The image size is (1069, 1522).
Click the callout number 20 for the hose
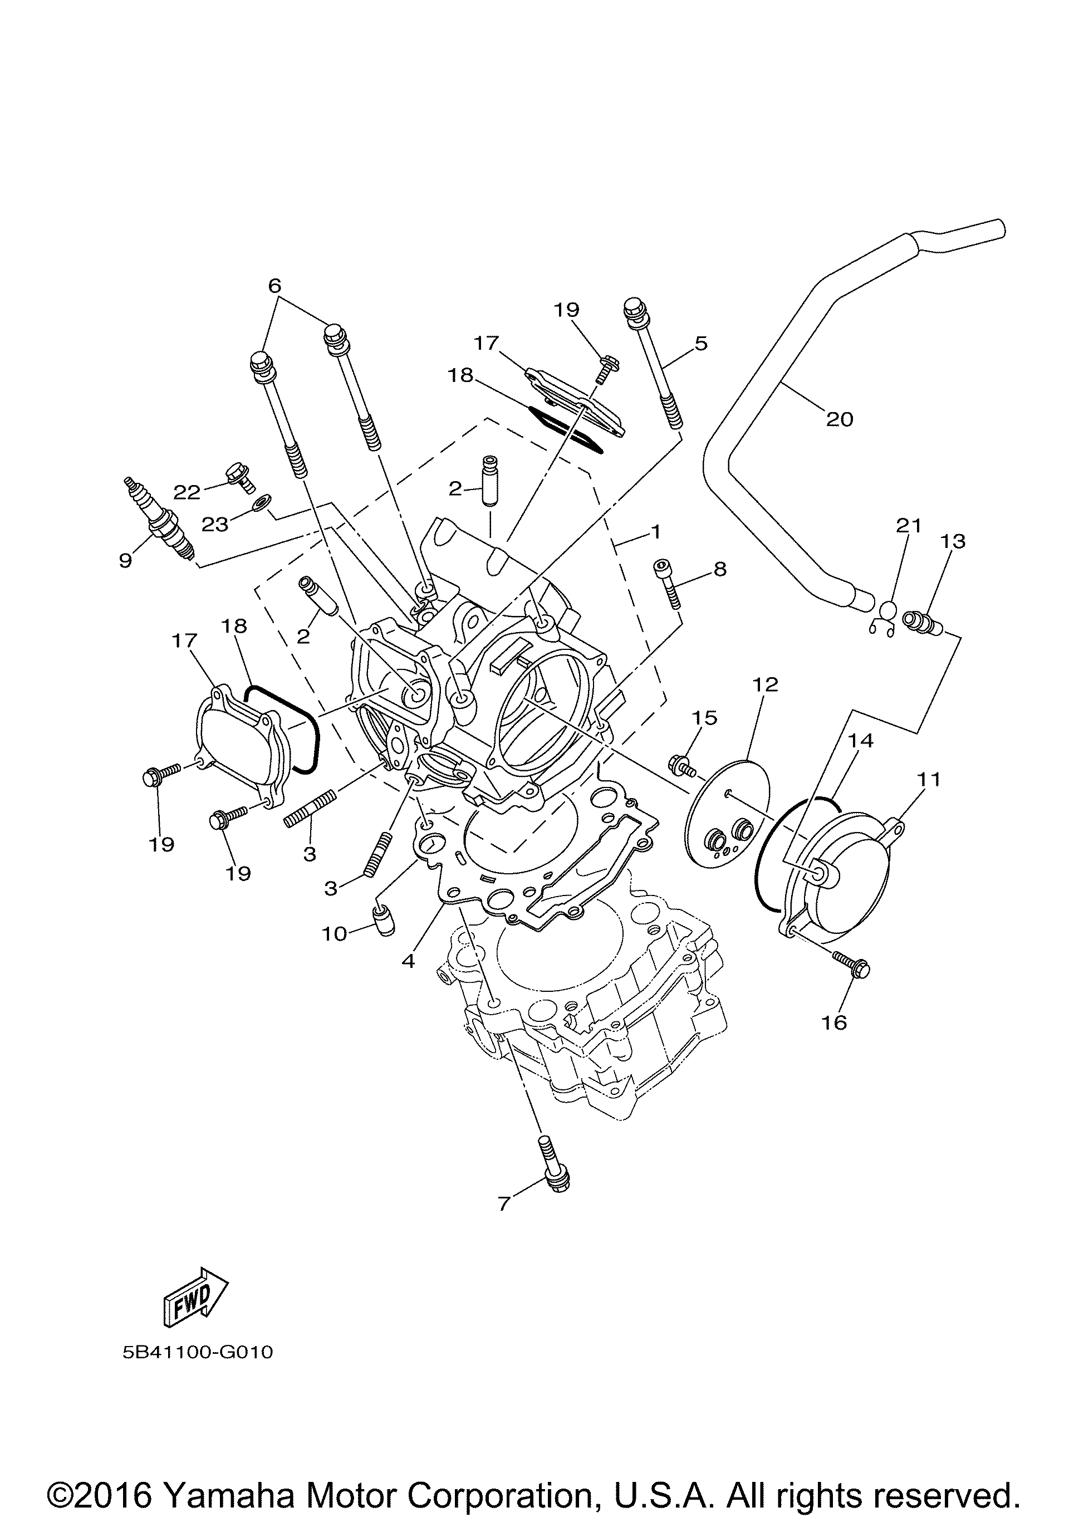(839, 419)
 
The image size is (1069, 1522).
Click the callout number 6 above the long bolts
(274, 286)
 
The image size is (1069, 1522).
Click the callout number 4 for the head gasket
(408, 960)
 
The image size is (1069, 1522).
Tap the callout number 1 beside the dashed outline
(655, 531)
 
